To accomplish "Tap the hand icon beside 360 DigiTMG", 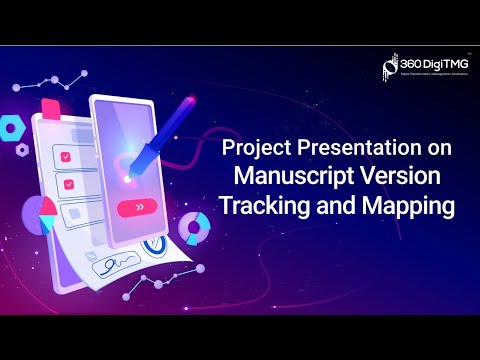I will (391, 66).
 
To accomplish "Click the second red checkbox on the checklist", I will (66, 184).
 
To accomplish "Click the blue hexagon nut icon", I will (13, 127).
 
